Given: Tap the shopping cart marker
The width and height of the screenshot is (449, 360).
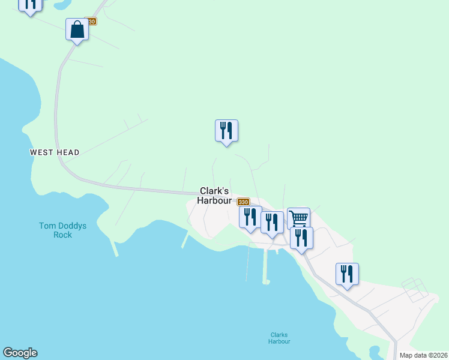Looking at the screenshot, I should pos(298,218).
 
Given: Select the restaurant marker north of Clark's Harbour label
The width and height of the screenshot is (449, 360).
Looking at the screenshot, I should pos(226,130).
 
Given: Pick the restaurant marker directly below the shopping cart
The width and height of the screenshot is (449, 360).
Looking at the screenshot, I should pos(301,238).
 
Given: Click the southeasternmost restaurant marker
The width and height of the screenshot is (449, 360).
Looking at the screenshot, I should pos(347,274).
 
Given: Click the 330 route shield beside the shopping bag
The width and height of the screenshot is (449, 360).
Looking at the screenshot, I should pos(90,21).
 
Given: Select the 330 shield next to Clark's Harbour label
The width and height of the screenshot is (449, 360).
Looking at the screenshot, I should pos(243,202).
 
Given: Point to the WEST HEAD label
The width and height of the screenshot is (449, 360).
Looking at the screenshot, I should pos(55,153).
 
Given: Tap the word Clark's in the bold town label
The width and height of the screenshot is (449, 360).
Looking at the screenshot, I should pos(214,191).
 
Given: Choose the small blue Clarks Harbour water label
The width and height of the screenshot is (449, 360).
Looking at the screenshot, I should pos(279,338).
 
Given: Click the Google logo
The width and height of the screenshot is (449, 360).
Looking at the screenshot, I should pos(20,353).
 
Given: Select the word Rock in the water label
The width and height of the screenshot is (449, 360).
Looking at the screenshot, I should pos(62,235).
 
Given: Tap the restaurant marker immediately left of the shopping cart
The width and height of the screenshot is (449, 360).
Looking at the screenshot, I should pos(272,222).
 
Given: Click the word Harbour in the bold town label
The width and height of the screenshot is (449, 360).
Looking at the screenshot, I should pos(214,200).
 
